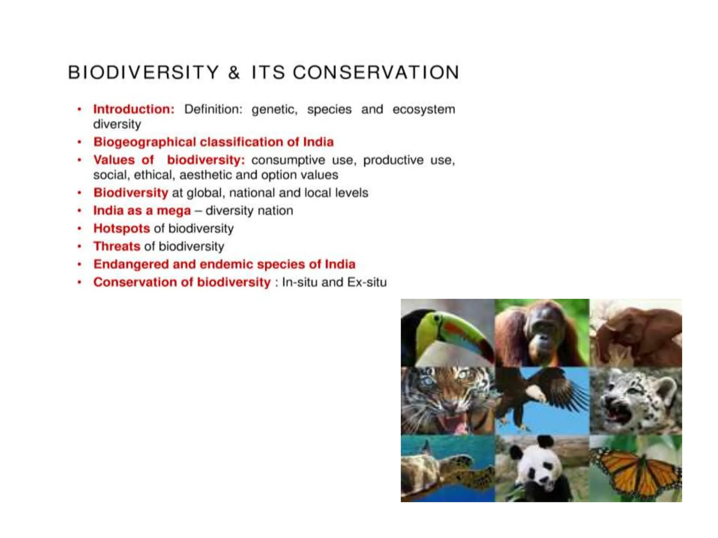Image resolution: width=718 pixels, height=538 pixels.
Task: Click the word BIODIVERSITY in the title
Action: tap(143, 73)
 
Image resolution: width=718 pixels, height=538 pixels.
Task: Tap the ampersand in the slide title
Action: tap(234, 73)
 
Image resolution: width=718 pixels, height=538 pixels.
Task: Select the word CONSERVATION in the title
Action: tap(376, 73)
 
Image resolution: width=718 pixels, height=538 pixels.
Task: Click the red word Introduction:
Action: tap(134, 109)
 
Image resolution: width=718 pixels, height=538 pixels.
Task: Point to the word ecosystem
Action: tap(424, 109)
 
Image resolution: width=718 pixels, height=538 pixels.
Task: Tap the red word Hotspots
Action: tap(121, 228)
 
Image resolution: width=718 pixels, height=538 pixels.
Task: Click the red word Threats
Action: tap(117, 246)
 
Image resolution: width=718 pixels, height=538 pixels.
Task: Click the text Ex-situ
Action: tap(367, 282)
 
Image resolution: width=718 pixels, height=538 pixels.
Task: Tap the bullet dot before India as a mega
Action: tap(80, 211)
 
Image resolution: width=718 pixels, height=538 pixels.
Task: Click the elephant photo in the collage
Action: tap(635, 333)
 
